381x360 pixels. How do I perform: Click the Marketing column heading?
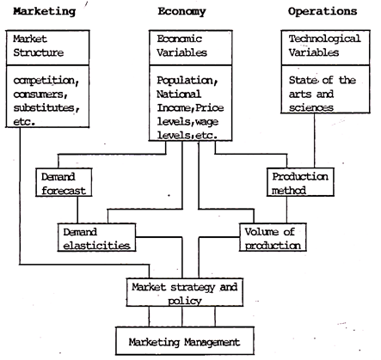click(x=45, y=12)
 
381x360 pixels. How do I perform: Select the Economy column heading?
click(x=181, y=12)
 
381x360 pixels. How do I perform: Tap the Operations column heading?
click(x=323, y=11)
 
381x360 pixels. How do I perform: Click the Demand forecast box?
click(x=64, y=182)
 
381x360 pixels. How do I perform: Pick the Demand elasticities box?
click(x=96, y=237)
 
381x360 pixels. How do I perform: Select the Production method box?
click(x=300, y=182)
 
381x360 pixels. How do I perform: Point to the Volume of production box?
click(x=273, y=237)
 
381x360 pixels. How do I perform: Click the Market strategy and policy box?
click(x=185, y=292)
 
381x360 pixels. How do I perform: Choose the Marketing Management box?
click(x=185, y=341)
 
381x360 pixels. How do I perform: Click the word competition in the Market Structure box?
click(x=46, y=81)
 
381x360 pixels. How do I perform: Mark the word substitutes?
click(x=46, y=108)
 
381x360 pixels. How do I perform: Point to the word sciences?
click(x=311, y=107)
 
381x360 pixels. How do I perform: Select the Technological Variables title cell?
click(x=325, y=47)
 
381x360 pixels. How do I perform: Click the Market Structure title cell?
click(x=47, y=47)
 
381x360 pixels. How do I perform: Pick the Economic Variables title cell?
click(x=190, y=47)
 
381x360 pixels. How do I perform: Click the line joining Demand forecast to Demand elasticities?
click(x=77, y=210)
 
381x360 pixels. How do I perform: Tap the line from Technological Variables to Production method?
click(x=315, y=140)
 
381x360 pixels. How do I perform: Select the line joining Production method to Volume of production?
click(x=287, y=210)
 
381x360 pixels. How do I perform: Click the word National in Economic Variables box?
click(x=179, y=95)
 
